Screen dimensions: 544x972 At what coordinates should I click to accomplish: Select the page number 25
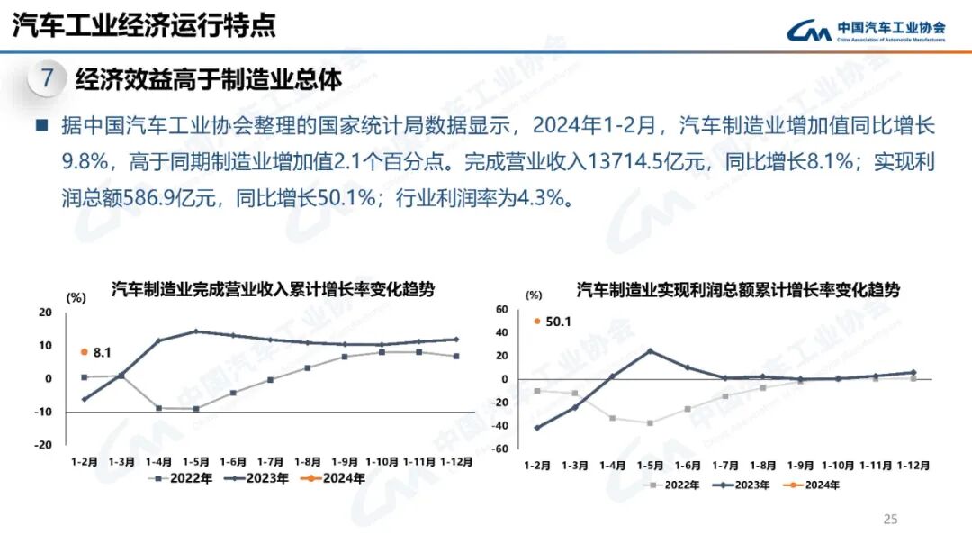tap(890, 519)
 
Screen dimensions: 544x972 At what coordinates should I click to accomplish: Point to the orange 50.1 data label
tap(553, 321)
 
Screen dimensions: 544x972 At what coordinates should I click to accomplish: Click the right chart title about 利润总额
tap(738, 290)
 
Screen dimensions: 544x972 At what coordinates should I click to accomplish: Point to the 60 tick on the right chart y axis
tap(502, 309)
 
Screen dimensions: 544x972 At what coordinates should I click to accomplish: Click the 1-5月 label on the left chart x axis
tap(196, 461)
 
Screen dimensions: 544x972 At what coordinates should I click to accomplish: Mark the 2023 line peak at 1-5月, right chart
tap(650, 351)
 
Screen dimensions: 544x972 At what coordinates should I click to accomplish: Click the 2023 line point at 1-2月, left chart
tap(85, 399)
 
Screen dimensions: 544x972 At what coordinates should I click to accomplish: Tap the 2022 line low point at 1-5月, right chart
tap(650, 422)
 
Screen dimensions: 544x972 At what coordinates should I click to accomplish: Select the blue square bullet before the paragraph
tap(41, 125)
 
